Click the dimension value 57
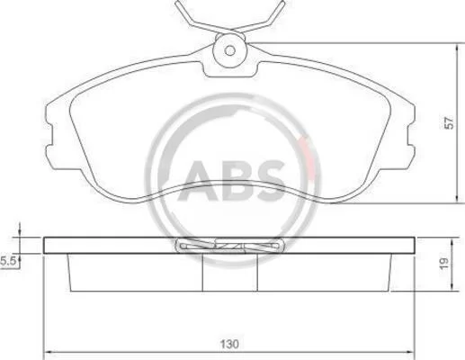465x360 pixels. coord(449,123)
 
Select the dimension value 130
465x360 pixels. coord(229,344)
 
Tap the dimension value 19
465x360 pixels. coord(444,263)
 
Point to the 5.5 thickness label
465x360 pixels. coord(8,261)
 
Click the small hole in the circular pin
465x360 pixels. coord(230,50)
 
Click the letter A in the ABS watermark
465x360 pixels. coord(199,181)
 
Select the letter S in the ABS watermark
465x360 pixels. coord(267,181)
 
